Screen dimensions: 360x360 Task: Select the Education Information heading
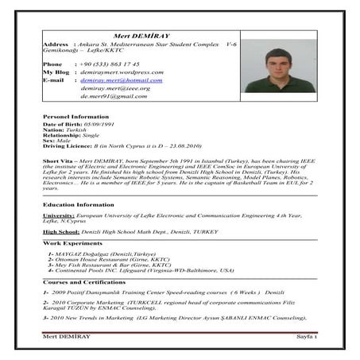coord(75,203)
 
